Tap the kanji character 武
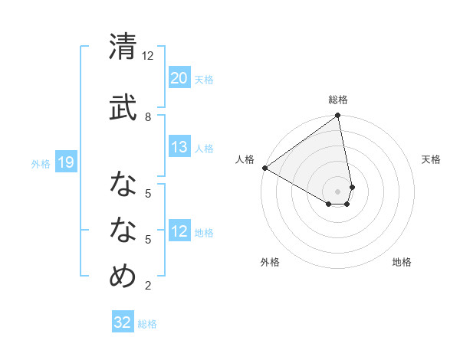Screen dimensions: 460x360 (x=123, y=106)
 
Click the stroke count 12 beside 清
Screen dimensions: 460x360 (x=148, y=56)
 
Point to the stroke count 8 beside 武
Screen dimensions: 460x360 (x=148, y=116)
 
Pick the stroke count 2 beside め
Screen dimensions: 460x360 (x=148, y=286)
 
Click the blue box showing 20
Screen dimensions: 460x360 (x=179, y=78)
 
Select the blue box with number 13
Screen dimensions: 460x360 (x=179, y=148)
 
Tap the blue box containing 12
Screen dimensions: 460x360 (x=179, y=232)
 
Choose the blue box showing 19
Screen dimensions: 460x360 (x=66, y=162)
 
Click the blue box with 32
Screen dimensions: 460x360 (x=123, y=322)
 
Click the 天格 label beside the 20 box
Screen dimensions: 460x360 (x=204, y=80)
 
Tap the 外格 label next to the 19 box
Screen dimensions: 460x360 (x=41, y=163)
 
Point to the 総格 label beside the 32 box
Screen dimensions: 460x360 (x=147, y=324)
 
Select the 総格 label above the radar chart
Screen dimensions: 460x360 (x=338, y=100)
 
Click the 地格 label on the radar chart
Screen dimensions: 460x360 (x=402, y=262)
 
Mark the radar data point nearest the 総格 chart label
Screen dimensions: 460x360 (x=337, y=116)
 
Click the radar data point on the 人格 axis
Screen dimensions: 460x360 (x=264, y=168)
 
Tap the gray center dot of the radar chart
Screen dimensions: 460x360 (x=338, y=191)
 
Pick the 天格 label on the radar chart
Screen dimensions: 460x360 (x=431, y=159)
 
